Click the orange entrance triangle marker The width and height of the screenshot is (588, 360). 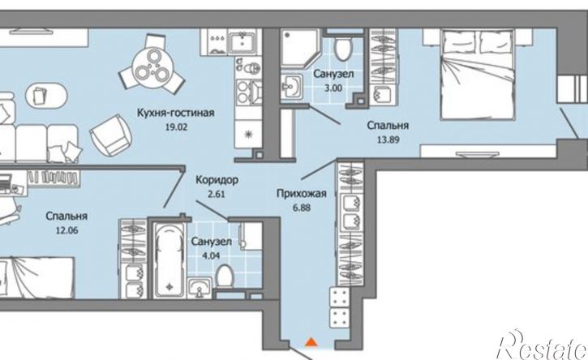(311, 345)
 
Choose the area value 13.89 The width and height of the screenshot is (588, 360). (387, 139)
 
